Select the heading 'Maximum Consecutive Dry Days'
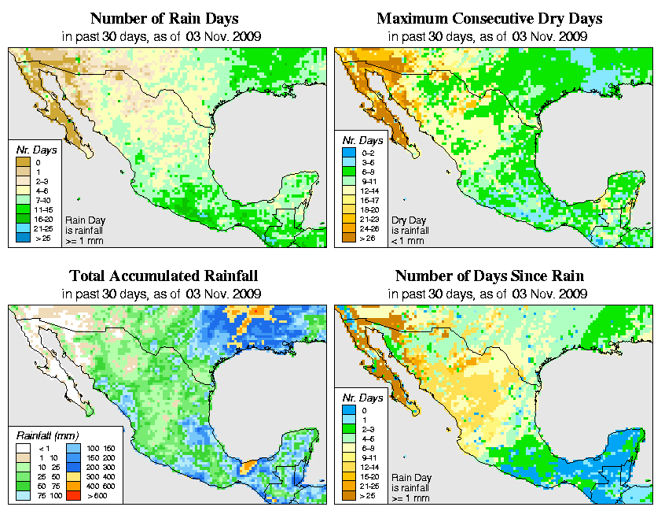click(490, 18)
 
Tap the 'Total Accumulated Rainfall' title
click(163, 276)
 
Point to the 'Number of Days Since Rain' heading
click(490, 276)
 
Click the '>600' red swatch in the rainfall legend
click(72, 497)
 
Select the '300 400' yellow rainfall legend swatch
click(72, 476)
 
